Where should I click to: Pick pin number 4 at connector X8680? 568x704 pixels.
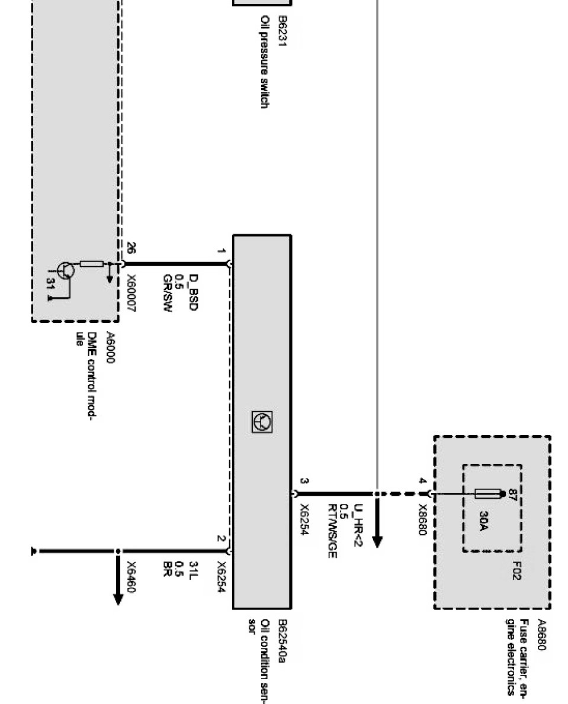(x=422, y=482)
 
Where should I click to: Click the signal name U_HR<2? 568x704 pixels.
(x=357, y=530)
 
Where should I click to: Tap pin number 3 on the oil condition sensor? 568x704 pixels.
(x=304, y=481)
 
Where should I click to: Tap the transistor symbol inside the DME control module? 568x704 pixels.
(x=66, y=272)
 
